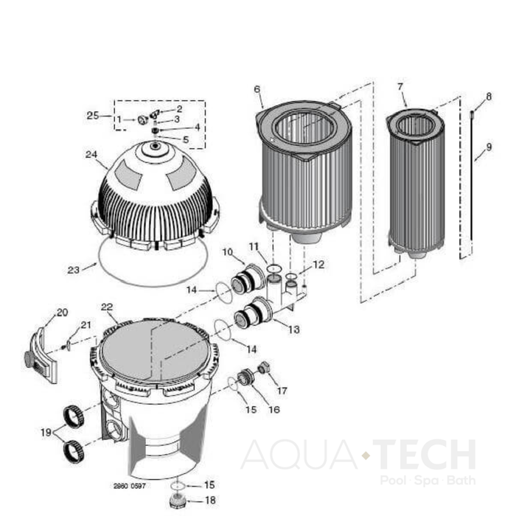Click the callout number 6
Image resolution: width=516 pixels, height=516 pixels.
(257, 89)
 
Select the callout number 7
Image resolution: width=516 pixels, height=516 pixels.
(400, 86)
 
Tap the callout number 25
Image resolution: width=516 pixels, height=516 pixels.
(93, 116)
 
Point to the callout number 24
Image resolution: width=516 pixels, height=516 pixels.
(91, 155)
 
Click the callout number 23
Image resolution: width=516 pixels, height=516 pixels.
(73, 270)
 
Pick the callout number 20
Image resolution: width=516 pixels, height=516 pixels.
(62, 312)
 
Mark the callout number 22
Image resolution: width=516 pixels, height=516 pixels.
(107, 307)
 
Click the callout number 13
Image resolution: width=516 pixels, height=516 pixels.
(294, 330)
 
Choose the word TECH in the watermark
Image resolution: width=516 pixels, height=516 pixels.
(423, 454)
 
